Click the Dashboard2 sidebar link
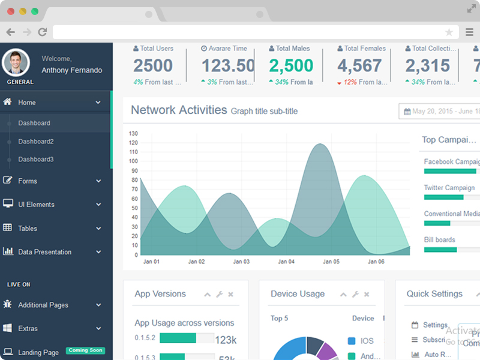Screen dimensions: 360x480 click(35, 142)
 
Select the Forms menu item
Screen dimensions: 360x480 click(28, 181)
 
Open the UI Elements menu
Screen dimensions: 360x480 click(36, 205)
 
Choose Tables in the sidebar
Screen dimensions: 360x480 click(27, 229)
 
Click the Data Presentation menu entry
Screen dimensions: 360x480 click(44, 252)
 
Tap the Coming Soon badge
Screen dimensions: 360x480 click(85, 350)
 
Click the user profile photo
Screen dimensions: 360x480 click(16, 63)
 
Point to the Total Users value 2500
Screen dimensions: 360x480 click(153, 65)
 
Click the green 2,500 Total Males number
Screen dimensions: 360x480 click(291, 65)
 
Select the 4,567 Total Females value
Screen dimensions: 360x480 click(359, 65)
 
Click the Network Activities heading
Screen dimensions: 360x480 click(179, 110)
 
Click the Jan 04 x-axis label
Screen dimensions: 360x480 click(286, 262)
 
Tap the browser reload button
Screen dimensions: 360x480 click(42, 32)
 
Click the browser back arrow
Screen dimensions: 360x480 click(10, 32)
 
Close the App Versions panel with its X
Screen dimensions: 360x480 click(231, 295)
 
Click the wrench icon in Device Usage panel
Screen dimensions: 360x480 click(355, 295)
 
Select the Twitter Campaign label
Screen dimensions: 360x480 click(449, 188)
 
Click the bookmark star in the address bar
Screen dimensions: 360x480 click(449, 32)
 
